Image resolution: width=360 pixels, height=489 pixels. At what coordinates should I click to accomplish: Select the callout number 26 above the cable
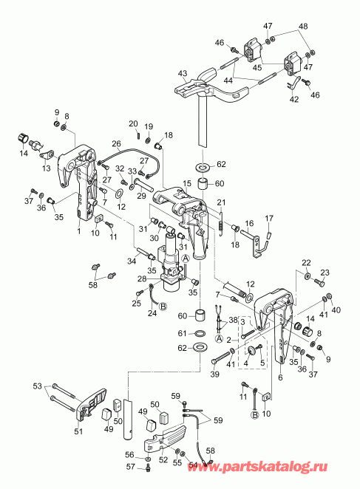click(x=116, y=144)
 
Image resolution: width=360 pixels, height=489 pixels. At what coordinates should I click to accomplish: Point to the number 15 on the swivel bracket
click(x=187, y=182)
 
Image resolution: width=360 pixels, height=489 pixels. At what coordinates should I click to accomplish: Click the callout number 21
click(x=220, y=203)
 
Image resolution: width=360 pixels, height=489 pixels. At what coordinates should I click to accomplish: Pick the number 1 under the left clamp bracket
click(x=78, y=230)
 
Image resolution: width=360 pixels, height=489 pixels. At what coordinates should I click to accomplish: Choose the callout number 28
click(x=142, y=278)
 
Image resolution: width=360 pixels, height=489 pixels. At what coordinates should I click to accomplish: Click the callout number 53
click(x=37, y=386)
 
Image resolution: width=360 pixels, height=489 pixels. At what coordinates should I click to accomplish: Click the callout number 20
click(x=133, y=123)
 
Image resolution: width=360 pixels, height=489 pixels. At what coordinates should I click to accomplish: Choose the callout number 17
click(x=270, y=217)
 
